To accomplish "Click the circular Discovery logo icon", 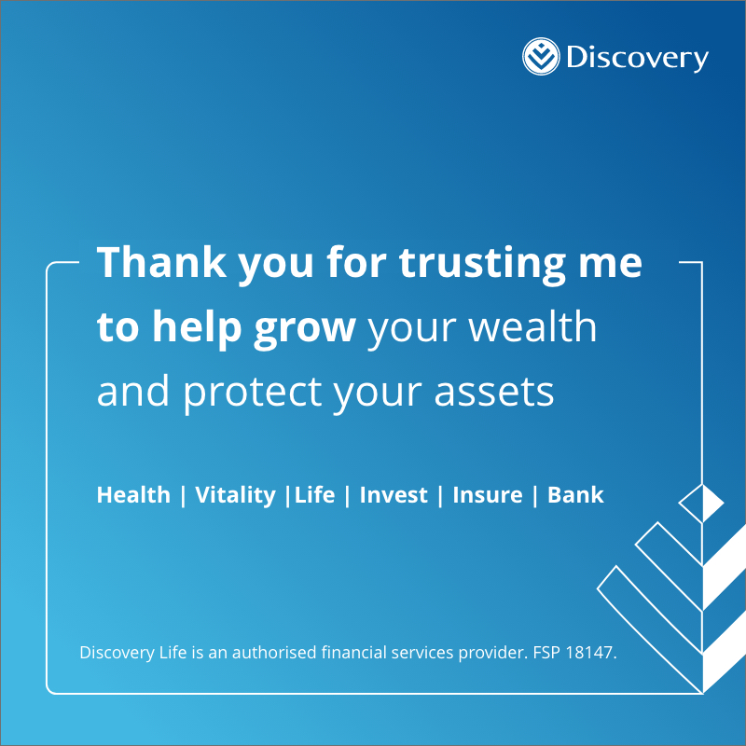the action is tap(541, 56).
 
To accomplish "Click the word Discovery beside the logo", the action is tap(637, 58).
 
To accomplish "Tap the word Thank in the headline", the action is tap(161, 262).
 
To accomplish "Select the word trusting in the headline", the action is tap(482, 265).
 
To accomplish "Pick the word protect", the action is tap(253, 394).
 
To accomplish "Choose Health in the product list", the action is tap(133, 495).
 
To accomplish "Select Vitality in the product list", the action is tap(236, 496).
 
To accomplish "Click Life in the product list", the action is tap(314, 495).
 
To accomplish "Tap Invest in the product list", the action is tap(394, 495).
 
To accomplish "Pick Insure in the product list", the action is tap(488, 495).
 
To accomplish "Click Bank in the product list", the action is tap(575, 495).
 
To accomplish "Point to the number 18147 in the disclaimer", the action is tap(591, 652).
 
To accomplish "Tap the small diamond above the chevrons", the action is tap(701, 503).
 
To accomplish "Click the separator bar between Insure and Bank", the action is tap(535, 496).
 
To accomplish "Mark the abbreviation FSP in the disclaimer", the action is tap(547, 652).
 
